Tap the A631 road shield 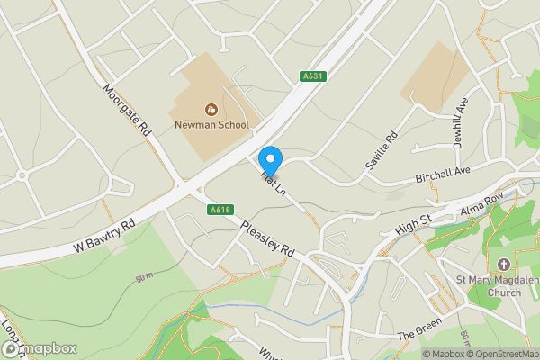coord(312,77)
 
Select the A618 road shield coord(220,210)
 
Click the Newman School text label coord(210,126)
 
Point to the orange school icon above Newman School coord(210,110)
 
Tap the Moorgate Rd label coord(126,111)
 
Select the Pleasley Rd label coord(268,238)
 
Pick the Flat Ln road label coord(274,182)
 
